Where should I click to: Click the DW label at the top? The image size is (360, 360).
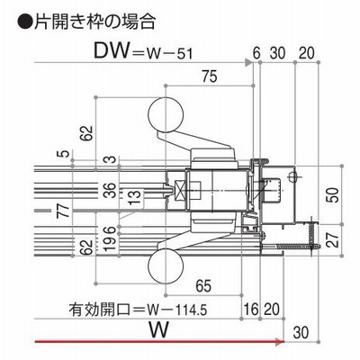(x=112, y=50)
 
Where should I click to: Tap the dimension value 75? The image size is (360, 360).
(x=209, y=76)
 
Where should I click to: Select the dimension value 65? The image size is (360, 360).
(x=203, y=285)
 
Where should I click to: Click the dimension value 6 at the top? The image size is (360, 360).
(x=256, y=53)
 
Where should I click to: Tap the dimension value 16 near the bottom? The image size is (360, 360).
(x=250, y=309)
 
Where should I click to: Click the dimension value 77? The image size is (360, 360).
(x=64, y=210)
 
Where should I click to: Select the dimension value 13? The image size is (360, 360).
(x=135, y=197)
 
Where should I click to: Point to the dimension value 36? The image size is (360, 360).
(x=110, y=190)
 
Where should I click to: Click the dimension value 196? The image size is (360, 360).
(x=110, y=238)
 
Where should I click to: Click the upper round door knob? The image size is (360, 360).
(x=166, y=115)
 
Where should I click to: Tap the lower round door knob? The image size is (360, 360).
(x=166, y=266)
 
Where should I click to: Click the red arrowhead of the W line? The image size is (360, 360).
(x=280, y=341)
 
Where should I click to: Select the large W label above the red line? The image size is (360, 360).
(x=159, y=330)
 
